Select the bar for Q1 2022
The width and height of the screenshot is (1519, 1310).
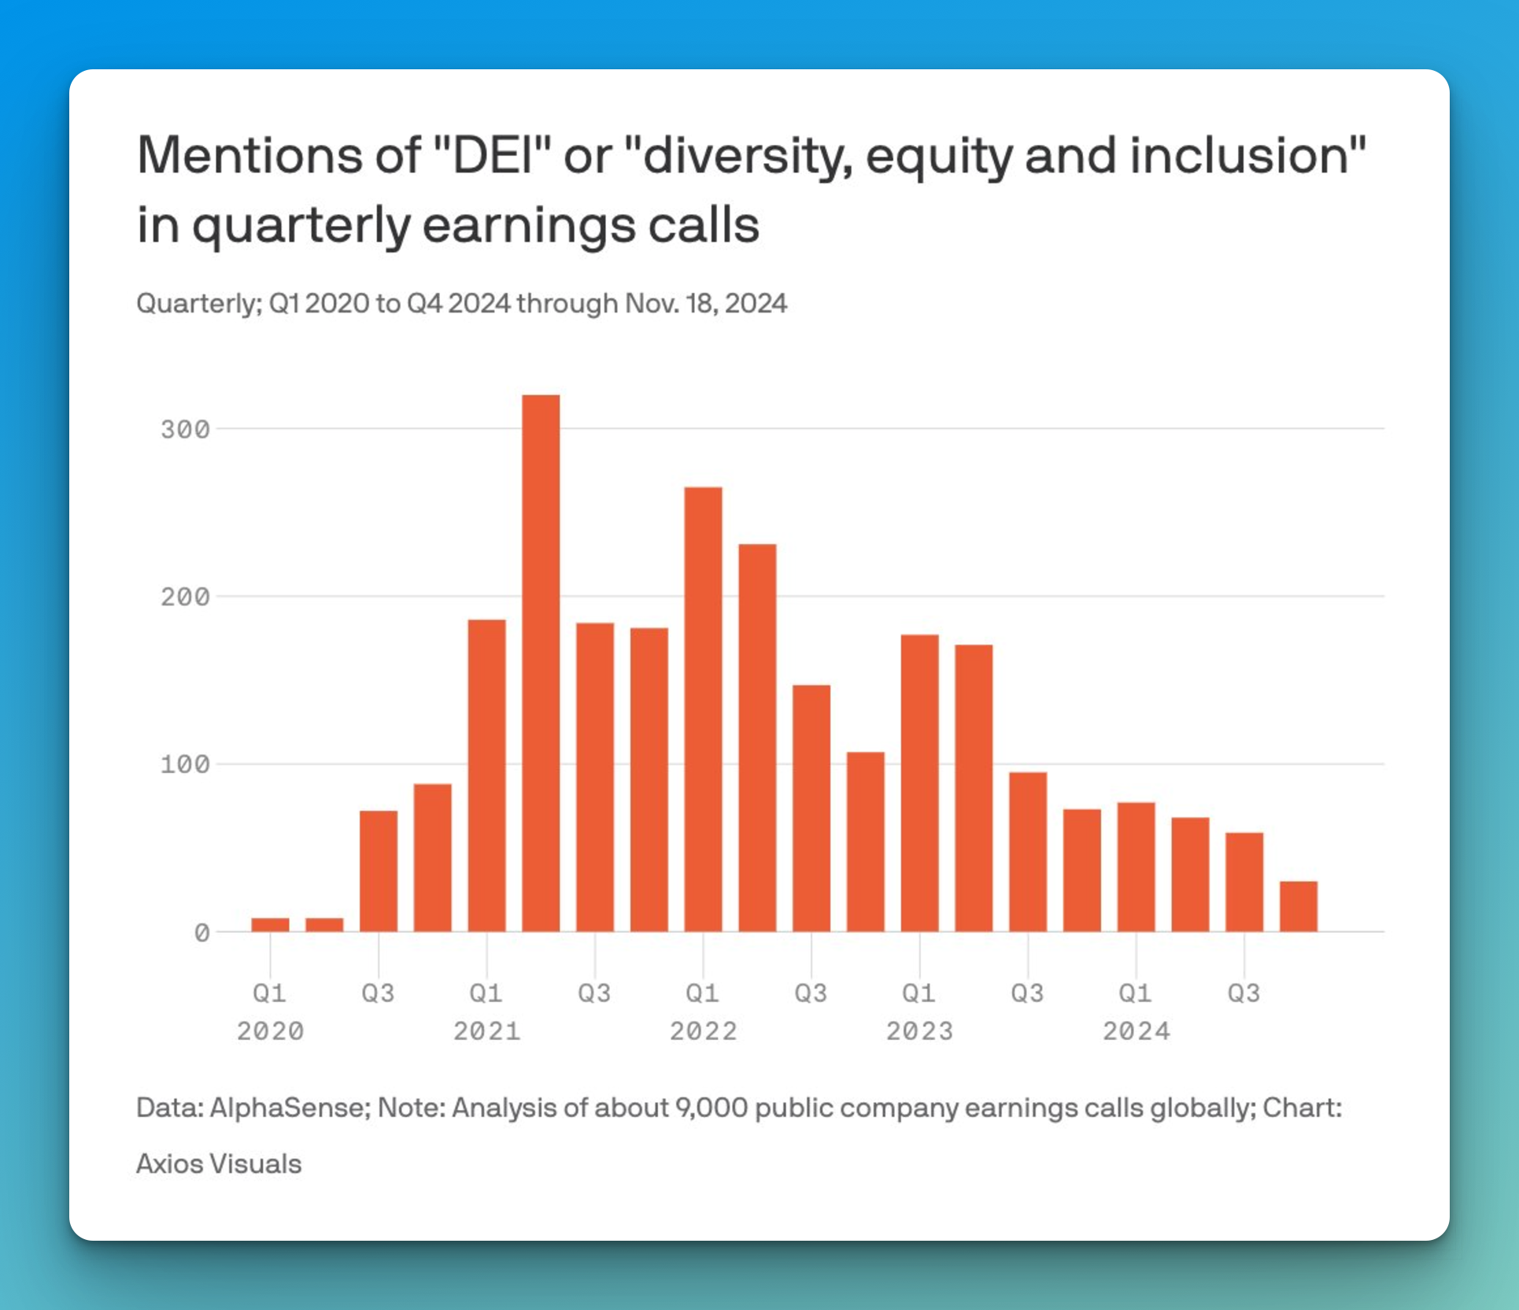coord(703,709)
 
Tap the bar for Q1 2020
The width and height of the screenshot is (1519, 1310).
coord(270,925)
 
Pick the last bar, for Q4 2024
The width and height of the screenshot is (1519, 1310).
coord(1298,906)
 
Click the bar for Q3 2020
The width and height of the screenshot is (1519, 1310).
coord(379,871)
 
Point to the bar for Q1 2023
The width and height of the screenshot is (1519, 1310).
coord(919,783)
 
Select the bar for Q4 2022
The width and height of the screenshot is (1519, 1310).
coord(865,842)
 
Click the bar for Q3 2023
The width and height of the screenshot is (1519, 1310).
coord(1028,852)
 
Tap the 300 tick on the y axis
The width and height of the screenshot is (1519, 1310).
coord(185,429)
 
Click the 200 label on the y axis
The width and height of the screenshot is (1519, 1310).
coord(185,597)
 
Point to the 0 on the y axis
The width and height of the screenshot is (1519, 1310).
coord(201,933)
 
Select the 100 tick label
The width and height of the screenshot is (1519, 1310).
coord(185,764)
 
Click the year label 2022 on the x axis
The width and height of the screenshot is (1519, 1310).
coord(703,1031)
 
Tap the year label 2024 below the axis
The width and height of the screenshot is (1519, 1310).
coord(1136,1031)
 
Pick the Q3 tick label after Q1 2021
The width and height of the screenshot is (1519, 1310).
coord(594,993)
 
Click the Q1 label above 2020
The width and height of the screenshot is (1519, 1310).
coord(270,993)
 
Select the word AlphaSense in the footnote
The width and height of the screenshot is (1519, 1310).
coord(289,1108)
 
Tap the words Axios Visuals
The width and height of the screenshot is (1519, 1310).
coord(219,1164)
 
